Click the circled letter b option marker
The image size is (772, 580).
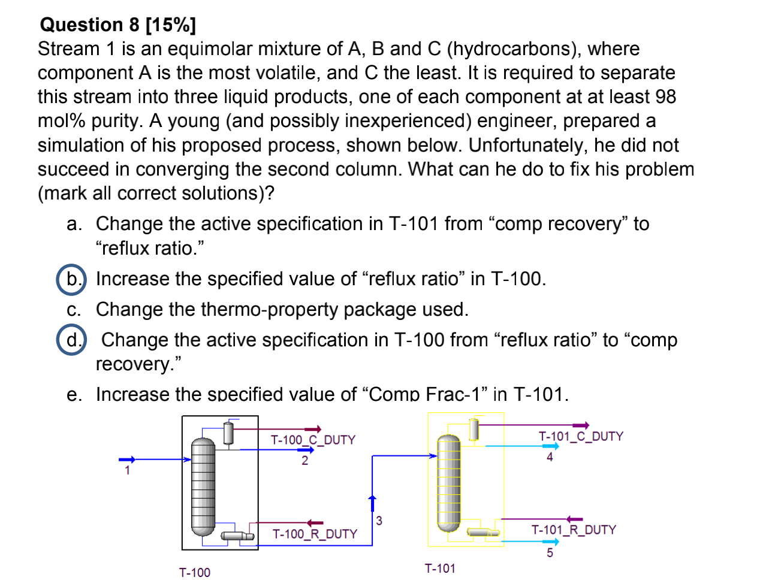72,279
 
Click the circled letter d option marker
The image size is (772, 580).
72,340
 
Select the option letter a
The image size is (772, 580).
74,224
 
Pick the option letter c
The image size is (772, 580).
73,310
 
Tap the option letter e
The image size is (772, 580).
74,395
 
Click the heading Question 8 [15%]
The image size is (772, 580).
117,25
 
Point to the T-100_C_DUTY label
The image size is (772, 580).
312,440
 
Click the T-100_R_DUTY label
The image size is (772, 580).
314,534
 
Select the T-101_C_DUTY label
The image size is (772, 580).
580,436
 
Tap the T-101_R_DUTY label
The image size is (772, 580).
574,530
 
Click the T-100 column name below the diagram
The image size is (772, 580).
195,573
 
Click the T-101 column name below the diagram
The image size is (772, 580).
440,568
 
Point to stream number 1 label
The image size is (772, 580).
127,470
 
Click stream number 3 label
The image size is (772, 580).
379,521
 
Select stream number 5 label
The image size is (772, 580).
550,552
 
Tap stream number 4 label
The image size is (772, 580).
550,457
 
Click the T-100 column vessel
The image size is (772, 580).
203,487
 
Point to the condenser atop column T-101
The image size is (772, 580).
474,429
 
